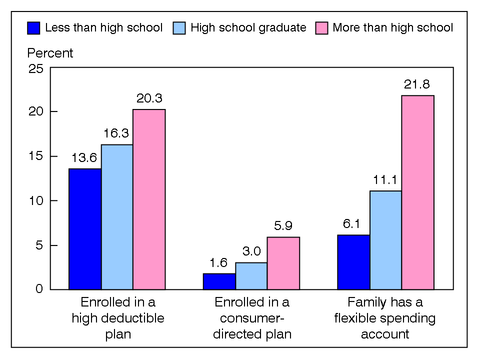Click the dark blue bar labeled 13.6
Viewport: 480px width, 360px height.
click(x=85, y=229)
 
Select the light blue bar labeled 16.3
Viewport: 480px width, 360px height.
click(x=117, y=217)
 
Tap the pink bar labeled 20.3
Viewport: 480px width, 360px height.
click(x=149, y=199)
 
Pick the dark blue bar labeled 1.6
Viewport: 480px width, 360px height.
click(x=219, y=281)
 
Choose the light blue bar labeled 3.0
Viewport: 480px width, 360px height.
click(x=251, y=276)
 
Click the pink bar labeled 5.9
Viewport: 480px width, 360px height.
click(x=283, y=263)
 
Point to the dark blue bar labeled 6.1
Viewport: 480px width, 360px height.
click(x=353, y=262)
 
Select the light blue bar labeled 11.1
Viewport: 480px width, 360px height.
click(x=385, y=240)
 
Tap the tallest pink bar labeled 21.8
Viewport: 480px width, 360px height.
click(x=417, y=192)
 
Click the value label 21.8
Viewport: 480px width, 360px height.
click(x=417, y=84)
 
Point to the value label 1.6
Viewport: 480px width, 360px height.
click(x=219, y=263)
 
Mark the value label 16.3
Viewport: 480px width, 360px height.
click(x=117, y=134)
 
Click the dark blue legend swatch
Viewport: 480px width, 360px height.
click(x=34, y=27)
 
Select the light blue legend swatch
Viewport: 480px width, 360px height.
click(x=179, y=27)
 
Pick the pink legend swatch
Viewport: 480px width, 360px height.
click(x=321, y=27)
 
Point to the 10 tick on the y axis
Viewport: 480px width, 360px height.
click(x=36, y=200)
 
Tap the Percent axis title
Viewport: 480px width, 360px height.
click(x=50, y=53)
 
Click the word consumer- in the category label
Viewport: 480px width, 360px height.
click(x=251, y=318)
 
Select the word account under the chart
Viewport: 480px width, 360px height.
click(x=385, y=334)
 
